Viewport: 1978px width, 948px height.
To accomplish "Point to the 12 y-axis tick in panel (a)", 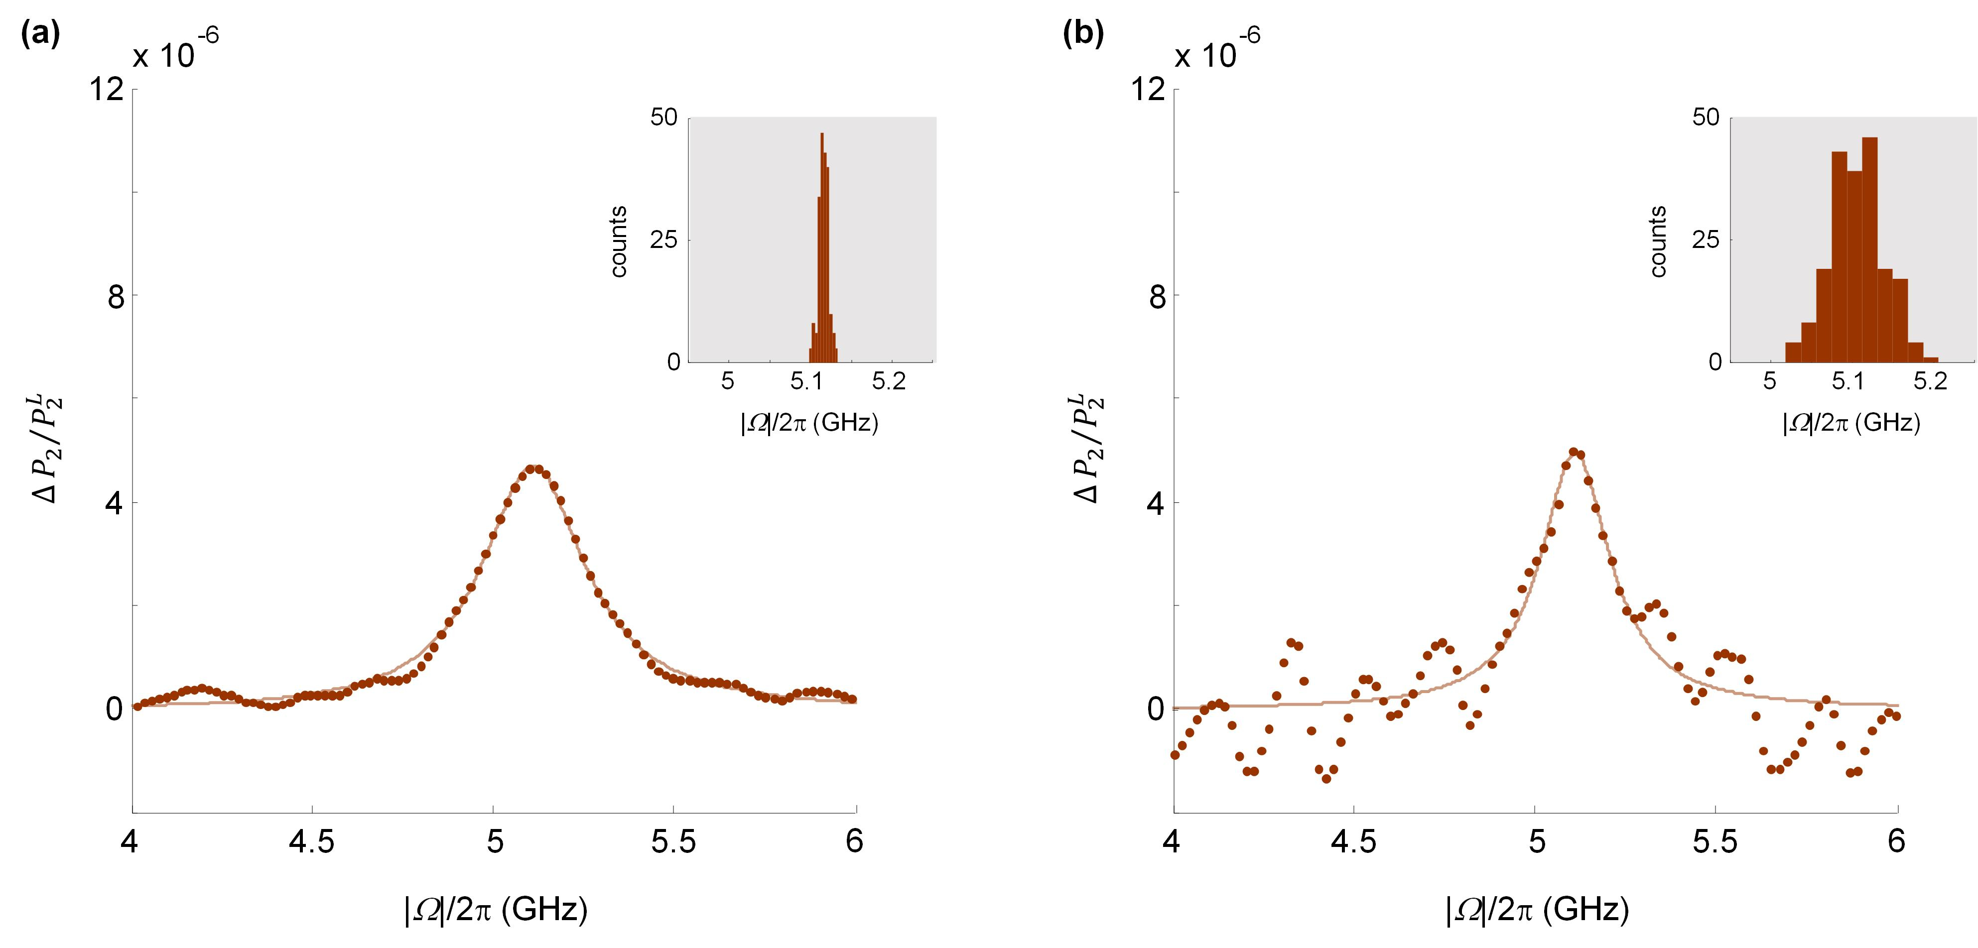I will point(107,90).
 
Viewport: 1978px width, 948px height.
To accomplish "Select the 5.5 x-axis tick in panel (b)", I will point(1714,842).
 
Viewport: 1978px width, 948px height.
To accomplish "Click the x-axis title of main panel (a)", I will point(495,910).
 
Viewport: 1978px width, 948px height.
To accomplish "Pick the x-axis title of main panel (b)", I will point(1537,910).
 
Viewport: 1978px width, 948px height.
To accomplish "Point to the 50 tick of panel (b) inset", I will point(1706,118).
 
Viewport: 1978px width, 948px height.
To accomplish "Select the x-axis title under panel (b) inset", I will point(1850,423).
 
